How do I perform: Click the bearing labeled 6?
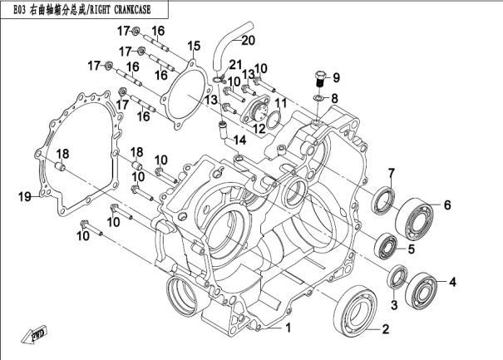point(383,200)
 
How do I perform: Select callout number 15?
point(193,45)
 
